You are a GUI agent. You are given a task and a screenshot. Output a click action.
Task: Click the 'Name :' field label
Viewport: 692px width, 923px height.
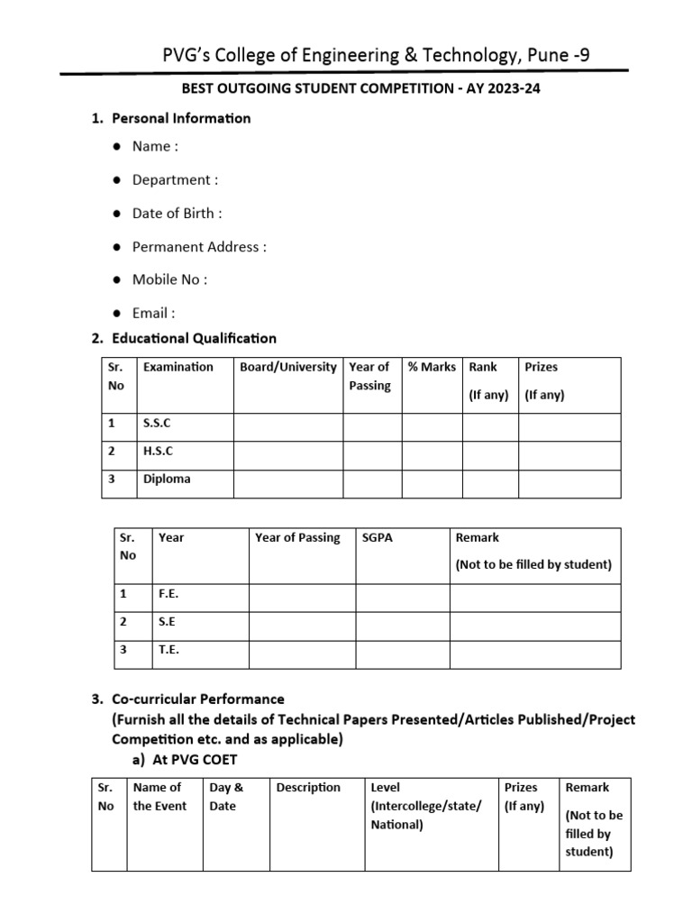(155, 146)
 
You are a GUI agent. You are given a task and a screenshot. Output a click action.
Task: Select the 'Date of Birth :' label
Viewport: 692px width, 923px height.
(177, 213)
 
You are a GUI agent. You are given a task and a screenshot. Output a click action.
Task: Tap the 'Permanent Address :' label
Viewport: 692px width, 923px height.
(199, 246)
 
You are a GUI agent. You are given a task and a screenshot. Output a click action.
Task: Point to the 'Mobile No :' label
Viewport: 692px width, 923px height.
(169, 279)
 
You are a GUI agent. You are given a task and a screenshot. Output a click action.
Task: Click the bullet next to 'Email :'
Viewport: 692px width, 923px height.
(117, 314)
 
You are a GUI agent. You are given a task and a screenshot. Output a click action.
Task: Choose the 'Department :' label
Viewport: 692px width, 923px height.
(175, 179)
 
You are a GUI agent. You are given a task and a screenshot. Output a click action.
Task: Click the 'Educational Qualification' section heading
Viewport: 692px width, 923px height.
(194, 338)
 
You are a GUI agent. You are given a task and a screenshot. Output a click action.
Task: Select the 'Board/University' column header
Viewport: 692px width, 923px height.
(288, 367)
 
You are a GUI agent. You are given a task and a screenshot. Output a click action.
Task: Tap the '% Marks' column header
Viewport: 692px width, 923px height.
(432, 367)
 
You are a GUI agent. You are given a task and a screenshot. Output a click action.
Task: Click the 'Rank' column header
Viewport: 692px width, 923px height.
(484, 367)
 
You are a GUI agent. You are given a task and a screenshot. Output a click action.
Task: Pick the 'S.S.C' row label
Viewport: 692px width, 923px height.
(157, 423)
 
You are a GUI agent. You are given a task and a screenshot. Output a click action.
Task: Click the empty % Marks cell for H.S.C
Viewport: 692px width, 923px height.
(432, 455)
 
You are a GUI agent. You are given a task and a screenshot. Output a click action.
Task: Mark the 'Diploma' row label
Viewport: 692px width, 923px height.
(167, 480)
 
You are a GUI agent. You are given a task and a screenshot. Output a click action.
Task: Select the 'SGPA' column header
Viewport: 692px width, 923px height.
(377, 537)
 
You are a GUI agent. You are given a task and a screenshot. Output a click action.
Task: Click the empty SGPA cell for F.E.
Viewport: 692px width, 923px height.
(402, 598)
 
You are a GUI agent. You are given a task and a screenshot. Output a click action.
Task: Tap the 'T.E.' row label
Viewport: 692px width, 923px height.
(168, 649)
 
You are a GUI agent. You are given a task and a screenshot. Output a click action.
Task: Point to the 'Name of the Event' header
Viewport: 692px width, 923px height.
(159, 797)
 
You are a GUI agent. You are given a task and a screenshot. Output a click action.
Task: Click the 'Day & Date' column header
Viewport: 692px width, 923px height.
(226, 797)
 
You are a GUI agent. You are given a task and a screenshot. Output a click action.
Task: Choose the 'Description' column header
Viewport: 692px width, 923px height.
(308, 788)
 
